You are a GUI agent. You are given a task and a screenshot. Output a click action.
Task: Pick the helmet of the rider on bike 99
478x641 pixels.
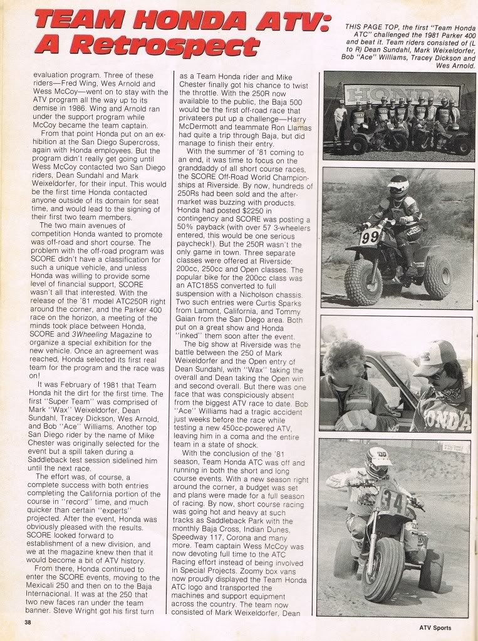(x=398, y=186)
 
